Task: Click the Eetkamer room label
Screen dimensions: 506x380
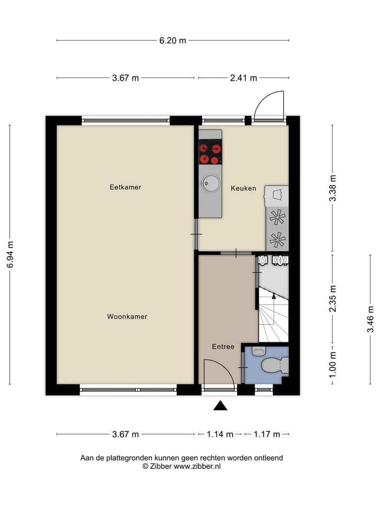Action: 125,187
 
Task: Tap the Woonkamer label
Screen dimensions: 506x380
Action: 127,317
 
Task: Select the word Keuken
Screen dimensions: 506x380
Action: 243,188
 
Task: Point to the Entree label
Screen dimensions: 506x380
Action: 223,347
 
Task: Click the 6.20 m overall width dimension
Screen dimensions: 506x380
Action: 173,41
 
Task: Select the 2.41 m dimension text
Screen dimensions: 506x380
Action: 243,78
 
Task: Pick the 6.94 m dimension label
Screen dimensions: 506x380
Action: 10,255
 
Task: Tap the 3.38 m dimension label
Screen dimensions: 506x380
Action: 332,188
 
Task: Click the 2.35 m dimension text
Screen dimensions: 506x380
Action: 332,299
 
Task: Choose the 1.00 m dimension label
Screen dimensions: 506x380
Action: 332,363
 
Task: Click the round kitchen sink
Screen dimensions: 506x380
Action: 210,183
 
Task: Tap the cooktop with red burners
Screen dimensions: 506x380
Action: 210,154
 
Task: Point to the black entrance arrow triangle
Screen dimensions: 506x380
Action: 220,405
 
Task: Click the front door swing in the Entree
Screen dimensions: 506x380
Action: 218,372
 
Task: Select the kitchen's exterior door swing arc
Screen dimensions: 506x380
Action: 269,105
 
